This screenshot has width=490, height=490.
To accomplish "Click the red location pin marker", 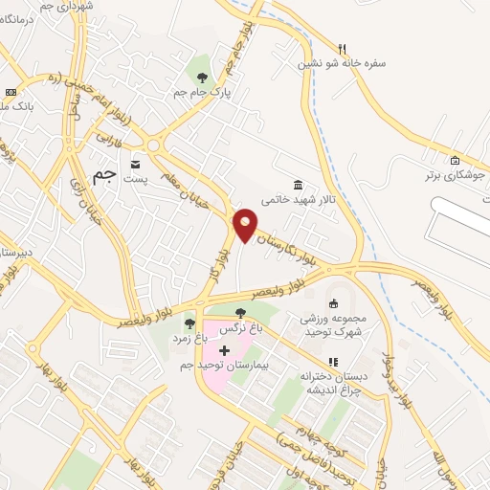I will pos(245,225).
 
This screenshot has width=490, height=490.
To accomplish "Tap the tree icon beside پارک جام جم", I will pos(202,77).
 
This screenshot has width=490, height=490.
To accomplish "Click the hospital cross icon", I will pos(224,351).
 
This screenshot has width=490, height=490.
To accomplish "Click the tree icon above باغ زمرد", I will pos(189,323).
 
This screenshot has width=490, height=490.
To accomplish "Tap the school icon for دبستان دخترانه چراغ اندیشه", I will pos(333,362).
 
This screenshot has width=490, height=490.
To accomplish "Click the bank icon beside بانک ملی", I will pos(11,91).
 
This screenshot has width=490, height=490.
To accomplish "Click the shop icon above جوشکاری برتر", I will pos(456,161).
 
